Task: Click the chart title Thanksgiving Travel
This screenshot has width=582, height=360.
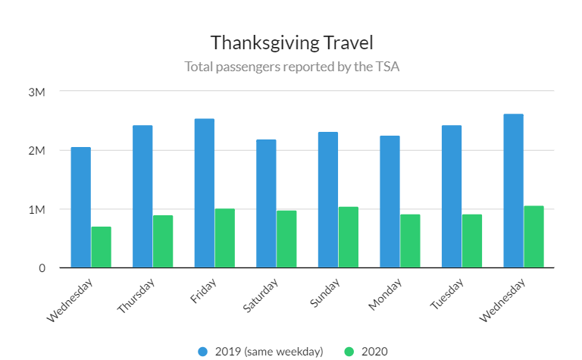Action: click(292, 42)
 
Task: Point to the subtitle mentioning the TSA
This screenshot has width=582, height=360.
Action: click(292, 66)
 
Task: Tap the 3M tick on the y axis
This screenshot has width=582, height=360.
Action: click(37, 92)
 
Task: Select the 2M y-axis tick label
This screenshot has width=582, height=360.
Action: click(37, 150)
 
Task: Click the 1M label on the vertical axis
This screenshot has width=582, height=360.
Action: click(37, 209)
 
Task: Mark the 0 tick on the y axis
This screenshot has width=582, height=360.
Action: click(42, 268)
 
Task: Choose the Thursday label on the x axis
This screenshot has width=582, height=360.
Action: click(137, 296)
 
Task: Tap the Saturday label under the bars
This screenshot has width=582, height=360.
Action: click(261, 296)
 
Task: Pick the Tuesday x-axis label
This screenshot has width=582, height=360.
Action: click(448, 294)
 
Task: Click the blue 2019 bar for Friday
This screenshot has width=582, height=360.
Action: click(205, 193)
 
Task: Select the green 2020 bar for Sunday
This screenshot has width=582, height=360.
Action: click(349, 237)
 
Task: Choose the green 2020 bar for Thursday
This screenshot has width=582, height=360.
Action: click(163, 241)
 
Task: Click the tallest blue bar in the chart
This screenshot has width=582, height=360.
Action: click(513, 191)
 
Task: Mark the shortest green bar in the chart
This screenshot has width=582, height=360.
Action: click(102, 247)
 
